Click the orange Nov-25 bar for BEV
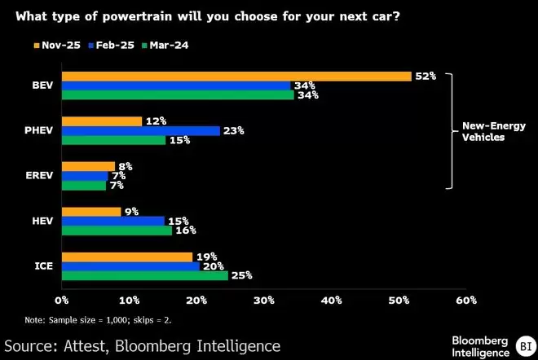(x=236, y=76)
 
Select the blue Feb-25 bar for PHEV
(x=141, y=130)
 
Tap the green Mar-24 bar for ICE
(x=145, y=275)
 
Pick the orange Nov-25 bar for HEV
(x=91, y=211)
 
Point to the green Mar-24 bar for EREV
(x=84, y=185)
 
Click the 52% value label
(x=426, y=76)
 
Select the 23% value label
(x=234, y=130)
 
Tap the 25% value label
(x=242, y=275)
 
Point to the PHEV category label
(x=38, y=130)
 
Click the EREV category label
(x=38, y=175)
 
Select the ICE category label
(x=42, y=266)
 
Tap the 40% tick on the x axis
(x=331, y=301)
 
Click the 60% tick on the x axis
(x=466, y=301)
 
